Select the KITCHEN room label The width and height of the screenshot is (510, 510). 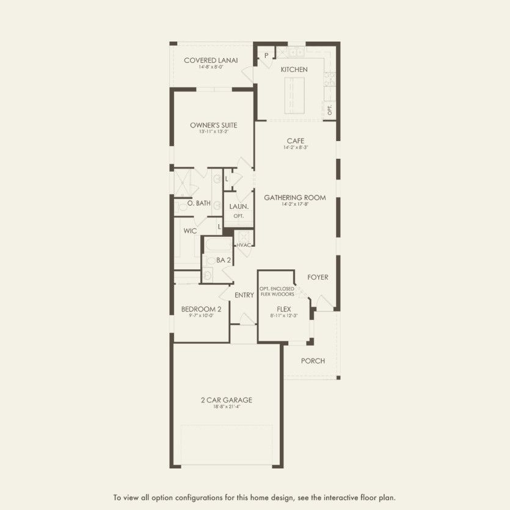[x=294, y=70]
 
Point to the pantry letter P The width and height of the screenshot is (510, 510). [x=266, y=56]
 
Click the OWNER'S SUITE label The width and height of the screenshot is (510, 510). [x=213, y=125]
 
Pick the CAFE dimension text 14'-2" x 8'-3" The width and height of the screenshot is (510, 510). [x=295, y=148]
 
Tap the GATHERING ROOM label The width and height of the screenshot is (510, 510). [x=294, y=197]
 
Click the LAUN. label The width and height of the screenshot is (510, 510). [x=238, y=206]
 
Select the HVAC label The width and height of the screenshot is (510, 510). [x=244, y=245]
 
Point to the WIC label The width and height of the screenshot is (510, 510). [x=189, y=231]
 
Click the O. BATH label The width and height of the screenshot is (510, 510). [x=199, y=203]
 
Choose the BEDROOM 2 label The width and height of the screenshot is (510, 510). [x=201, y=309]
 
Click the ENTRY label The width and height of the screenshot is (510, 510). [x=244, y=295]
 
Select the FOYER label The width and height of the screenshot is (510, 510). [x=318, y=277]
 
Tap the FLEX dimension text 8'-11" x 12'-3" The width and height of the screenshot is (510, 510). [x=283, y=316]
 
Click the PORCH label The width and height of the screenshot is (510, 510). [x=313, y=360]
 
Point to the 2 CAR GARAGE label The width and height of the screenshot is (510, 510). [x=226, y=400]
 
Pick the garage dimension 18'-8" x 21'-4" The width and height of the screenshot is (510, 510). [x=226, y=407]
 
